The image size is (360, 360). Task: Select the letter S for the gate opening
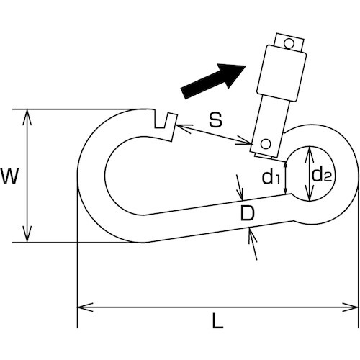(215, 120)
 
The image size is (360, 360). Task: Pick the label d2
(321, 174)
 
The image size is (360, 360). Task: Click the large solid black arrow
(214, 78)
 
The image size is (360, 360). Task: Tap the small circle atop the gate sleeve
(289, 44)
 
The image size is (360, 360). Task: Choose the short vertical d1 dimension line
(286, 177)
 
